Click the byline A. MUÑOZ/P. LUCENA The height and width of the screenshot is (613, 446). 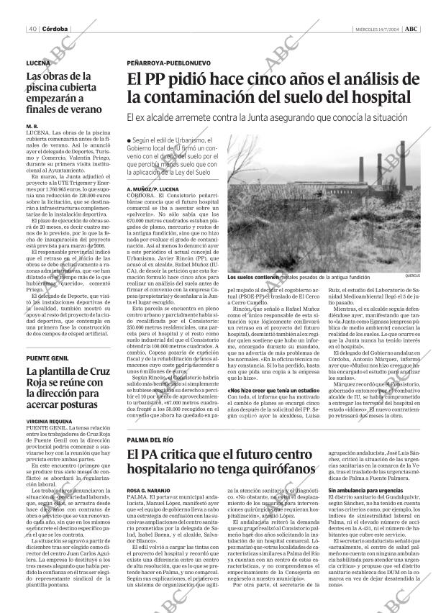(x=154, y=188)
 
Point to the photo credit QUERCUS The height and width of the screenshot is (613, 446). (x=412, y=276)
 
